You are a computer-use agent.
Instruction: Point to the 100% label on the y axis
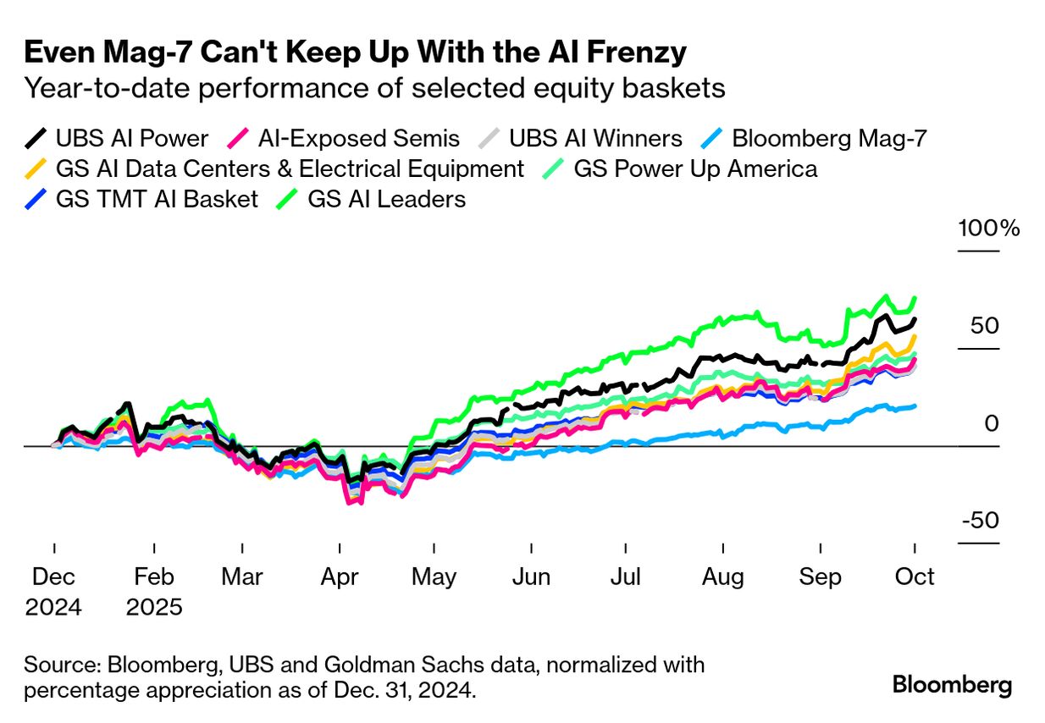(988, 229)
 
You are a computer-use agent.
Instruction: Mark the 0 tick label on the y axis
(992, 423)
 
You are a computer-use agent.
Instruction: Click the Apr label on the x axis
(339, 577)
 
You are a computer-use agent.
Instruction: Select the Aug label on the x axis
(723, 577)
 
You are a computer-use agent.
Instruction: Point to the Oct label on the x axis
(915, 577)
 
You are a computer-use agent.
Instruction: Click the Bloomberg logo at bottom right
(952, 684)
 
